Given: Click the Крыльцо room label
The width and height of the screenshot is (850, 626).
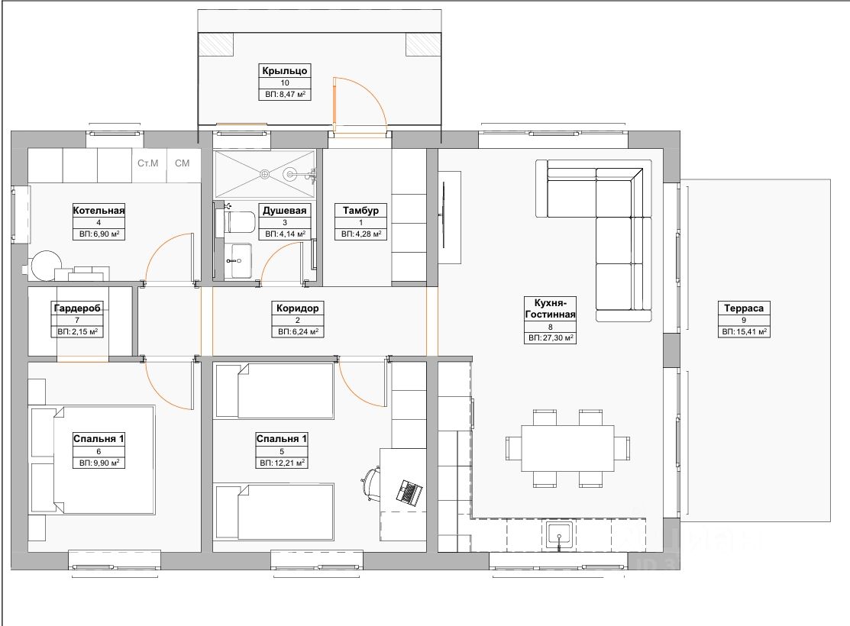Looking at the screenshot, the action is point(285,70).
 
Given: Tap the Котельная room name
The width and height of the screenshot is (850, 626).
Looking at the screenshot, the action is point(99,210).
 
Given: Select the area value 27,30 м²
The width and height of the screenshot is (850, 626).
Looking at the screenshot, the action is point(556,337).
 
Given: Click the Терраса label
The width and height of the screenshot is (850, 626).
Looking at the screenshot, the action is point(744,308).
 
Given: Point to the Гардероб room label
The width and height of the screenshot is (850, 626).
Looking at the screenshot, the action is point(78,308).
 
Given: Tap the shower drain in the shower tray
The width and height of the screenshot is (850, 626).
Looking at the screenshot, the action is point(264,174).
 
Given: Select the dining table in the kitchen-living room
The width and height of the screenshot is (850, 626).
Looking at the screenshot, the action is point(567,448).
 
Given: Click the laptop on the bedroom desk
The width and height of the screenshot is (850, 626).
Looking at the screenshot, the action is point(409,492).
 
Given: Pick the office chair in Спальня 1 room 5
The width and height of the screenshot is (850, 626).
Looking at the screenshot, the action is point(371,483).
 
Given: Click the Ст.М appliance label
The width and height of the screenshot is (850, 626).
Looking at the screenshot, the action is point(148,163).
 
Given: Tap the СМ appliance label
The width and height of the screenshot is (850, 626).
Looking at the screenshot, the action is point(182,163).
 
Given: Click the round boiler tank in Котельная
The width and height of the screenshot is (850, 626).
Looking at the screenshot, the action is point(46,266).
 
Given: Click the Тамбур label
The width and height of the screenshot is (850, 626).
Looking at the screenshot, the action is point(360,210).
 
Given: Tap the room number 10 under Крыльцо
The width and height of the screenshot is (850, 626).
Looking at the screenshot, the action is point(285,83).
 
